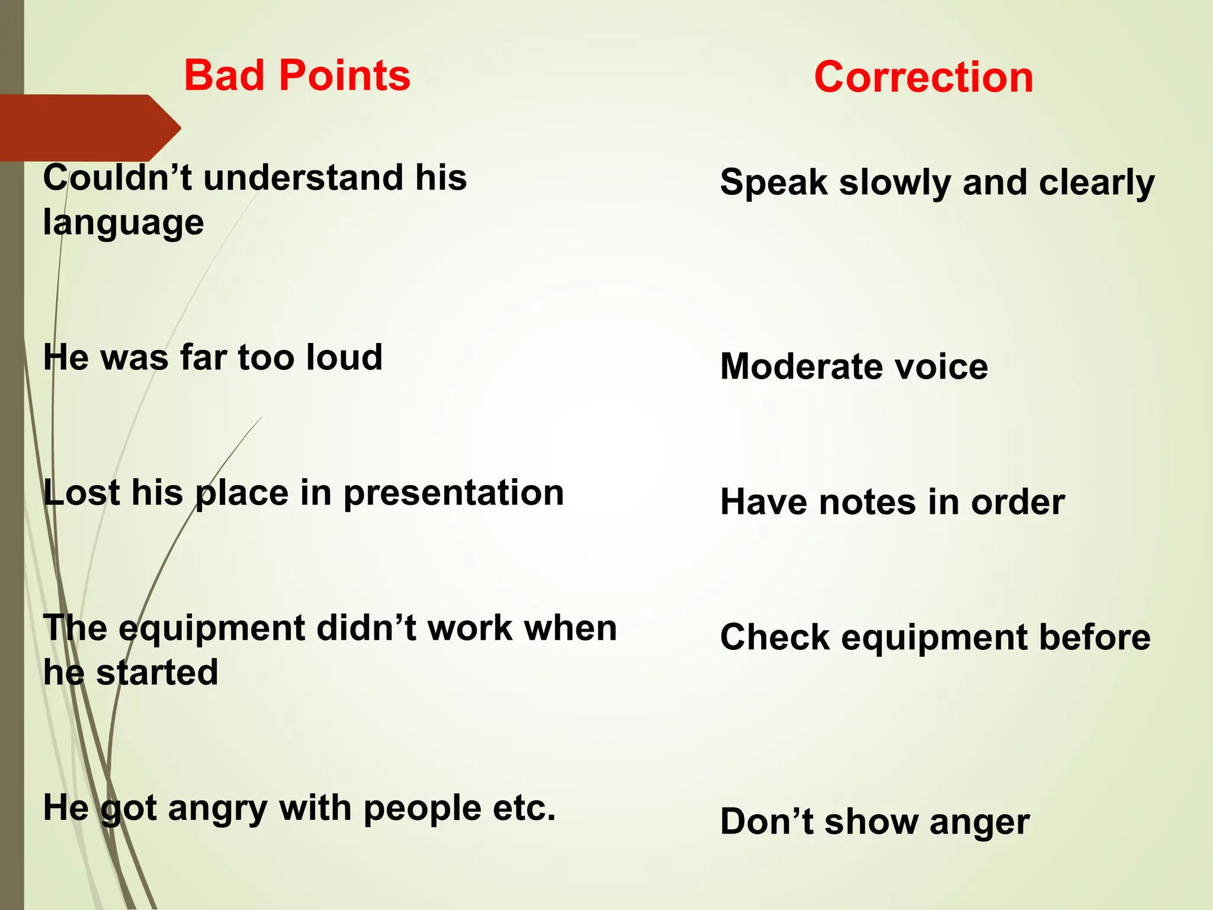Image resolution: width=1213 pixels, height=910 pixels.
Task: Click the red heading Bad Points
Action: (297, 76)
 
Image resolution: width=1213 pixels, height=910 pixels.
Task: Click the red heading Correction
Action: (923, 78)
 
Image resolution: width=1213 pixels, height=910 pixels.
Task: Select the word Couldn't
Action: (117, 178)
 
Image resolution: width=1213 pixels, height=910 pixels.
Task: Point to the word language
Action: (123, 223)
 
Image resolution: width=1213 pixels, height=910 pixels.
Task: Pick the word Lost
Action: (82, 493)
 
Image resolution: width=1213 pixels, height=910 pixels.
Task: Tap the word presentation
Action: (454, 493)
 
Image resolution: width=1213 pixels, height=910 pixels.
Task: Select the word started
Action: (157, 672)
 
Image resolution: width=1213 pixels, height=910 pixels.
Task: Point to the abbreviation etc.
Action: (524, 809)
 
